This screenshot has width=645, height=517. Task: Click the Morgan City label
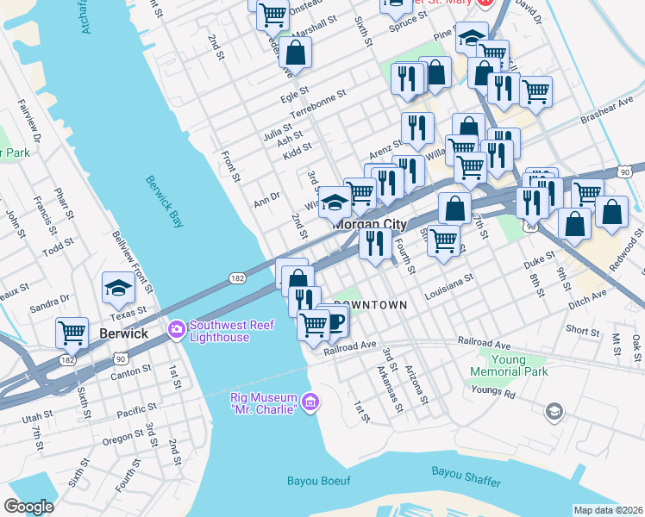coord(370,224)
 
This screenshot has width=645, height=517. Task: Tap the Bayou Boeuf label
coord(319,481)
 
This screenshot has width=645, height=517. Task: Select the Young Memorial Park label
coord(509,365)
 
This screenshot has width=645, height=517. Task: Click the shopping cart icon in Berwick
coord(72,332)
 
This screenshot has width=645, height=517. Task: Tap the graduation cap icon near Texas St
coord(118,290)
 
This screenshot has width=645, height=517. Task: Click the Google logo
coord(28,507)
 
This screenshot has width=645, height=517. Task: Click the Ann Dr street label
coord(266,197)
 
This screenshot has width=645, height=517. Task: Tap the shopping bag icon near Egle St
coord(295,52)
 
